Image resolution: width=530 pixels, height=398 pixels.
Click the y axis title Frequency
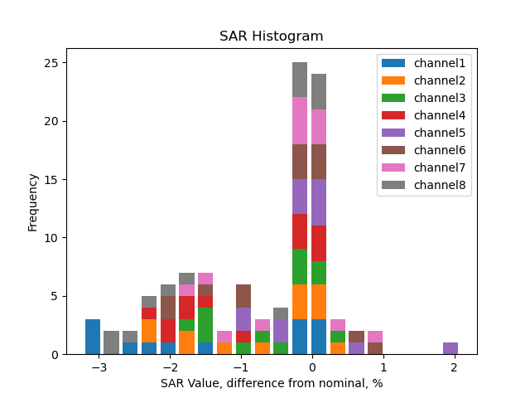33,201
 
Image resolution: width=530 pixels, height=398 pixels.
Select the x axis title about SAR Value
271,383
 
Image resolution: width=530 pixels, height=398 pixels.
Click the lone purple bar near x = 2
450,348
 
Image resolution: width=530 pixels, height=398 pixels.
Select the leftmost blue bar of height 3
93,337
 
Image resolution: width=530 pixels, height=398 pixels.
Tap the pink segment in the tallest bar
300,120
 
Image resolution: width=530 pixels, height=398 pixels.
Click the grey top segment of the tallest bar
300,80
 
